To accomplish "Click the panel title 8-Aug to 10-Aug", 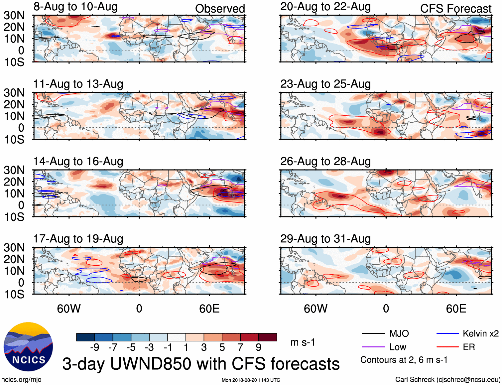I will (75, 7).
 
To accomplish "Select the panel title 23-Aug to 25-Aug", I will (325, 84).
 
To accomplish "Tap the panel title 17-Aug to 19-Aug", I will (78, 239).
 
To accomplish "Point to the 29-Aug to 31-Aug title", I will (325, 239).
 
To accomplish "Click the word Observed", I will (220, 9).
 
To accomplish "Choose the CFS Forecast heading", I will (455, 9).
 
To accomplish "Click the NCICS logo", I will (28, 347).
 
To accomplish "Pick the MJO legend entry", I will (399, 333).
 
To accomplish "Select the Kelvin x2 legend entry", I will (480, 333).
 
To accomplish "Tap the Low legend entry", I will (398, 347).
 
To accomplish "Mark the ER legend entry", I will (469, 347).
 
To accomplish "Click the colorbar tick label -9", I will (94, 347).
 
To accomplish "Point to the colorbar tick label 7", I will (240, 347).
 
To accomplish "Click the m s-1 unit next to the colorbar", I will (303, 342).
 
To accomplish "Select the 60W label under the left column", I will (69, 309).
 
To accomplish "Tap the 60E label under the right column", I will (456, 309).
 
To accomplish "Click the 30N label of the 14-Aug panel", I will (14, 170).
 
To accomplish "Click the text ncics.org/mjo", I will (21, 380).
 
